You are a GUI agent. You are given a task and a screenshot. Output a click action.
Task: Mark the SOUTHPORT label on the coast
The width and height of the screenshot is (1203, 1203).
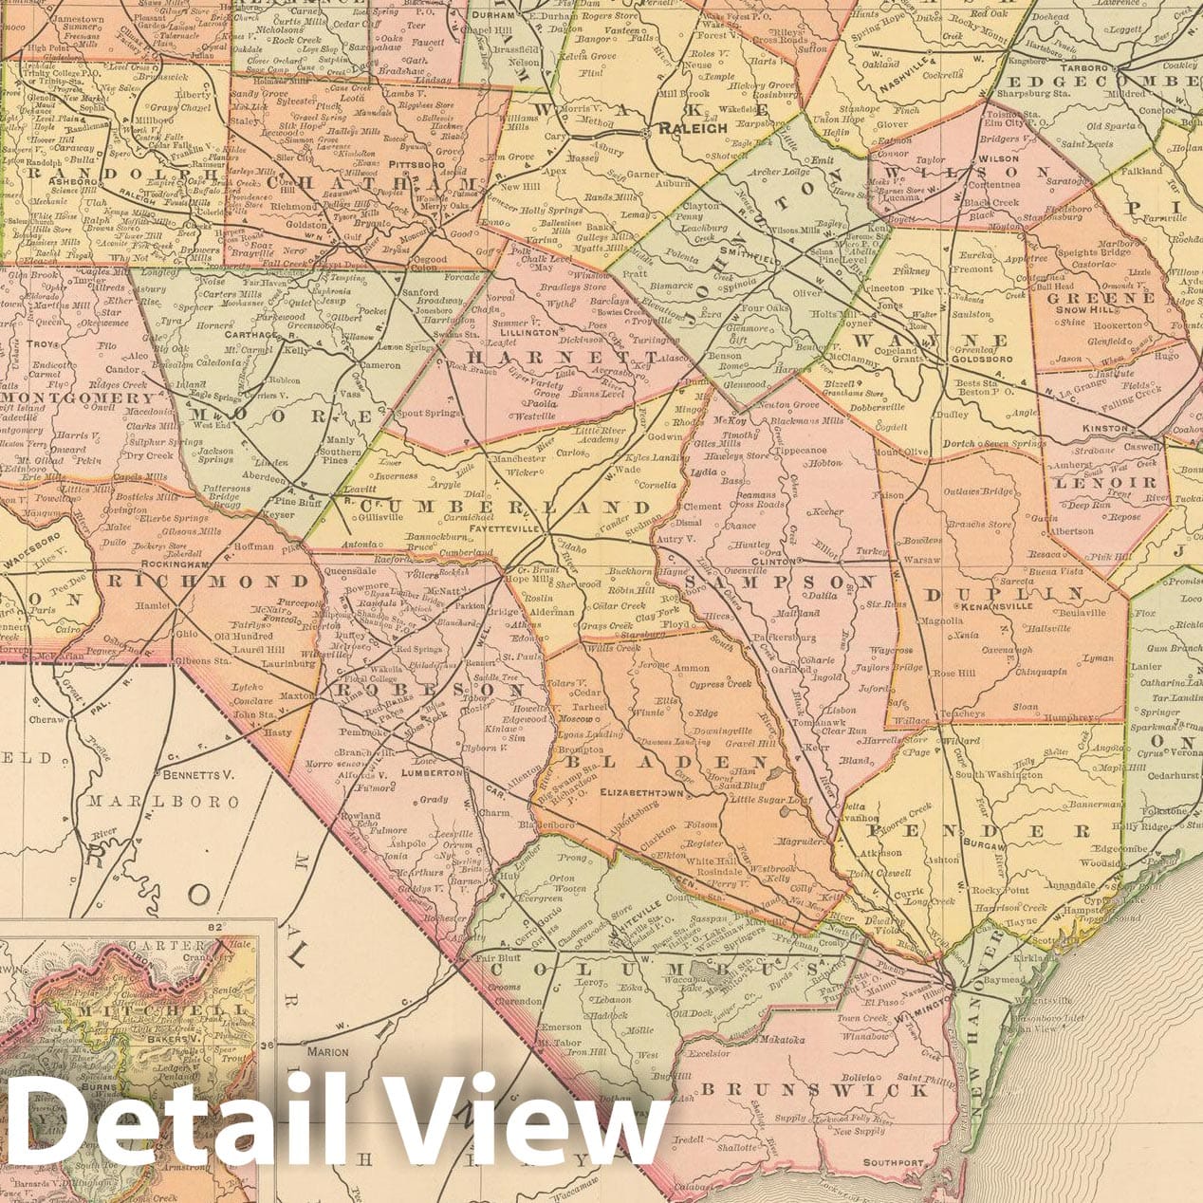coord(892,1162)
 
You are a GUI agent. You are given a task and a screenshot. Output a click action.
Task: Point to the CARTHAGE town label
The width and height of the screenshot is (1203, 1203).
coord(248,334)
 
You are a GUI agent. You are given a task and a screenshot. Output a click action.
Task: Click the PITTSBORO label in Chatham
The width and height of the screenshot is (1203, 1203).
coord(412,165)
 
